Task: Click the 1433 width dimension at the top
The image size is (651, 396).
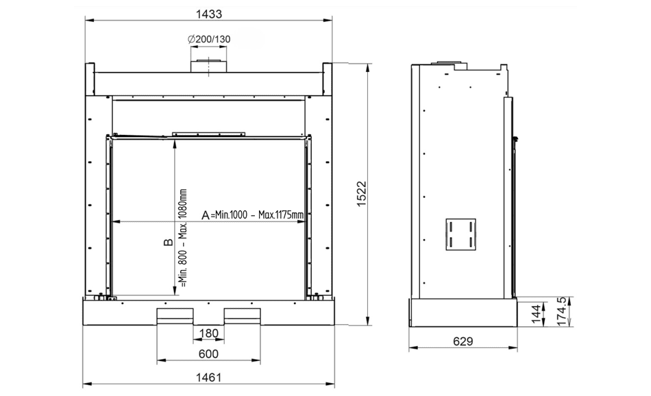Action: click(209, 14)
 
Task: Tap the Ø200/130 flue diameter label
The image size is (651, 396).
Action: click(209, 40)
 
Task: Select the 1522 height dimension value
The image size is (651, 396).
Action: click(362, 194)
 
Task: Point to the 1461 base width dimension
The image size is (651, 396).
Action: click(208, 378)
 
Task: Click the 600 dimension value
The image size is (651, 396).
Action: click(208, 354)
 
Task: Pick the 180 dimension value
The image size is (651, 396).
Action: click(208, 334)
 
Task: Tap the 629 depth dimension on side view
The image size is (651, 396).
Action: click(463, 341)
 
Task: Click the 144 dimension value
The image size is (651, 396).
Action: click(537, 314)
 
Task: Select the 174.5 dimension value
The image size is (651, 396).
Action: click(561, 311)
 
